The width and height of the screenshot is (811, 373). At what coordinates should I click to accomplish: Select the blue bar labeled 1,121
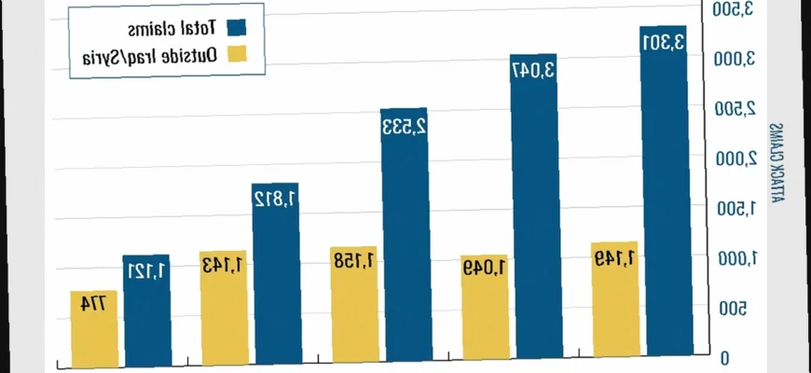[146, 310]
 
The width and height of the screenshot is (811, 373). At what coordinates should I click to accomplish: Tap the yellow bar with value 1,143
[224, 306]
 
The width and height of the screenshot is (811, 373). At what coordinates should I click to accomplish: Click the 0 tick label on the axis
[724, 359]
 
